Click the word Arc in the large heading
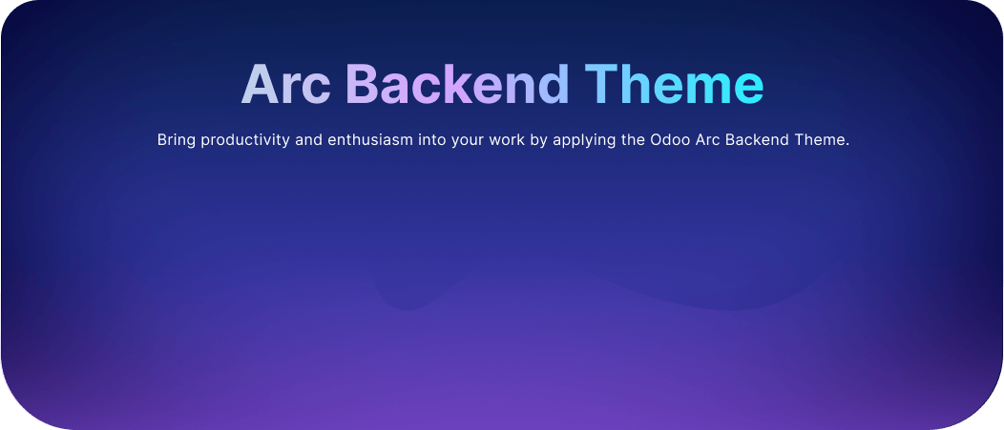click(x=285, y=84)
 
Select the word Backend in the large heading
click(x=457, y=84)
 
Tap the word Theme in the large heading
click(x=674, y=84)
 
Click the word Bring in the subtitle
click(x=177, y=140)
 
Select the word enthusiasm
click(x=370, y=139)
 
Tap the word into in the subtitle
click(x=431, y=139)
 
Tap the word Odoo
click(x=670, y=139)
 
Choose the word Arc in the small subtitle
click(x=707, y=139)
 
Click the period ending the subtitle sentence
click(x=847, y=145)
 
